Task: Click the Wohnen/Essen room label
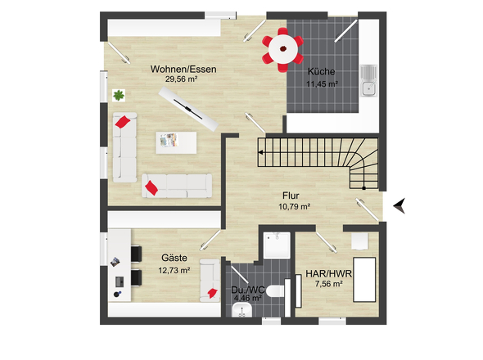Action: [183, 69]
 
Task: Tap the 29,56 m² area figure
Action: [181, 79]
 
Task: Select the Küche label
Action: [321, 71]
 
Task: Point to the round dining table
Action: [283, 48]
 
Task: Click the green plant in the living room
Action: [119, 95]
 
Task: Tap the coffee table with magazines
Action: [176, 142]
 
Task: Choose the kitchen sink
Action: [369, 81]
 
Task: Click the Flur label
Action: [291, 196]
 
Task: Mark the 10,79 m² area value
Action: [294, 206]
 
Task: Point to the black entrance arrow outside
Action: [400, 205]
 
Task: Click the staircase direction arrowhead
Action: [260, 152]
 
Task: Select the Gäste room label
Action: [174, 258]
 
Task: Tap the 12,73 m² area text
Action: [174, 270]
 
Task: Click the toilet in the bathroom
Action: [274, 291]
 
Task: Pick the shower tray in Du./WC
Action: [277, 245]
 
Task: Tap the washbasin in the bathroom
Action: [241, 310]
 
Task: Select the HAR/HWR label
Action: [328, 274]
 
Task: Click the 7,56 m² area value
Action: [328, 284]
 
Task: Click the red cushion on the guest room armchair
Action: [212, 293]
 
